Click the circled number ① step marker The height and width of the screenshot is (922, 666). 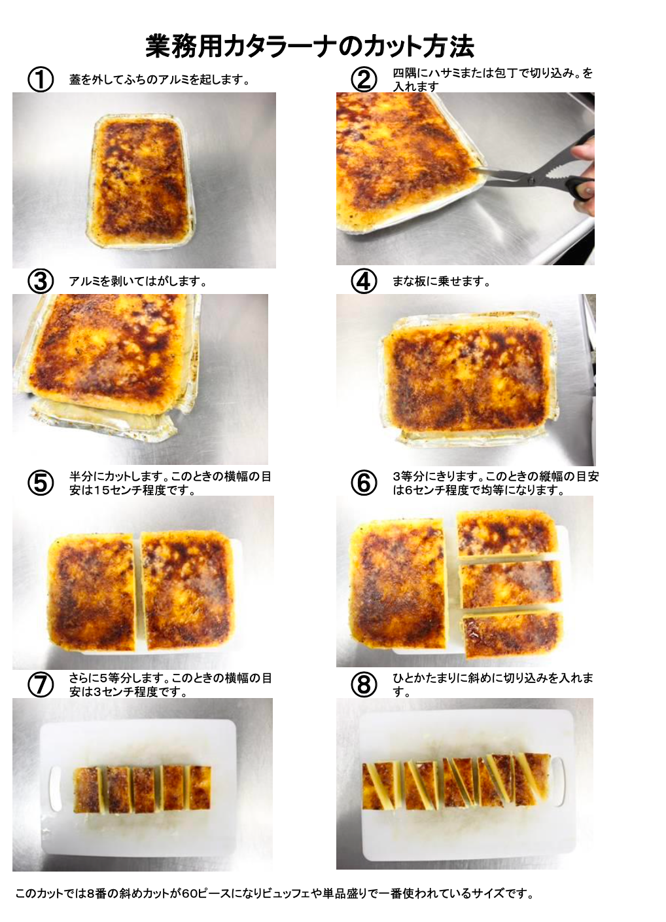(41, 79)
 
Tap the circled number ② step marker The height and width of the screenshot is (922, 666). (364, 79)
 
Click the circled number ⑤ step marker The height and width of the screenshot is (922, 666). (41, 483)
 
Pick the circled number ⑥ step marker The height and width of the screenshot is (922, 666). (364, 483)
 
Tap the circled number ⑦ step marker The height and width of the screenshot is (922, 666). (41, 685)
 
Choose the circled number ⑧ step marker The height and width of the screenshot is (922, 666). (364, 685)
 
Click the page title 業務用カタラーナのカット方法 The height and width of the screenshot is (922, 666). (310, 46)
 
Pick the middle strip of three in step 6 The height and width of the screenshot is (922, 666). (510, 583)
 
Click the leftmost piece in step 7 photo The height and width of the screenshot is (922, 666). (88, 790)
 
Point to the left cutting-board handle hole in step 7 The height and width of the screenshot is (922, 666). (54, 790)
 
